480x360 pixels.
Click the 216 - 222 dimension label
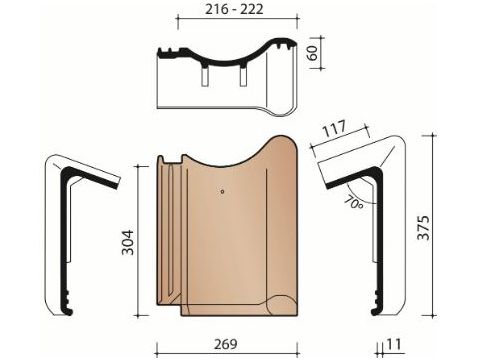(234, 9)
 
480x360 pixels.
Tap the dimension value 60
(313, 53)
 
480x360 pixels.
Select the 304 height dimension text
(127, 242)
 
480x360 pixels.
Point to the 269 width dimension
(226, 344)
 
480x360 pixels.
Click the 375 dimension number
(424, 228)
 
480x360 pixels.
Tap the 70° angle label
(353, 203)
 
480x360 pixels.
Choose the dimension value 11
(394, 344)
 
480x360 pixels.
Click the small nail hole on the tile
(222, 192)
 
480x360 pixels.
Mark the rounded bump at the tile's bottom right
(282, 304)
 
